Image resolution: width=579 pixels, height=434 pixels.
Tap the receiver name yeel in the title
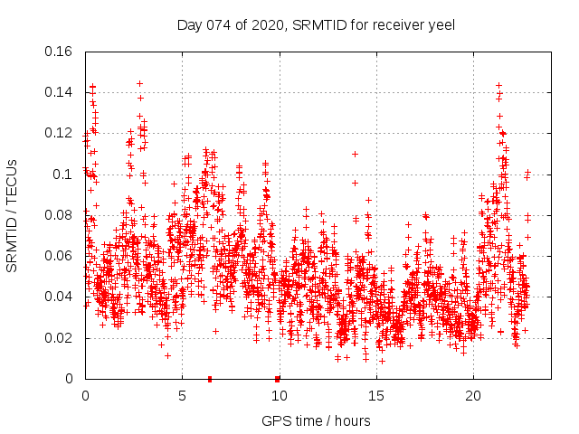pos(439,24)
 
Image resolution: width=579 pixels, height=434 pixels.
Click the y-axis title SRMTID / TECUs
pos(13,215)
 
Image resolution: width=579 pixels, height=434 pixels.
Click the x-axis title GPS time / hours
pos(316,420)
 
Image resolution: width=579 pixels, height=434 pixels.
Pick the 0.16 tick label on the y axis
pos(60,52)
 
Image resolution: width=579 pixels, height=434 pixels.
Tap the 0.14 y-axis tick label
pos(60,92)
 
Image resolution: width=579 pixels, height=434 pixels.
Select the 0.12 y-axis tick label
pos(60,133)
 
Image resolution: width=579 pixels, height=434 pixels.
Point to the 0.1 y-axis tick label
pos(64,175)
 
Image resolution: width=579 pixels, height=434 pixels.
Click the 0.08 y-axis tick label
pos(60,215)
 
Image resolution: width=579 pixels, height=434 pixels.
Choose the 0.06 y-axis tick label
pos(60,256)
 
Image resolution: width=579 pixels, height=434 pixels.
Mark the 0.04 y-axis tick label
pos(60,297)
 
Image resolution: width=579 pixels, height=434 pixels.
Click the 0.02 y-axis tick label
pos(60,338)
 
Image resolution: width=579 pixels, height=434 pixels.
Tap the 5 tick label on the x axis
pos(182,396)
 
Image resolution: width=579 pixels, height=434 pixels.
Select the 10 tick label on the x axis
pos(279,396)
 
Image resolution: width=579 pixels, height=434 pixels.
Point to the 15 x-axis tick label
pos(376,396)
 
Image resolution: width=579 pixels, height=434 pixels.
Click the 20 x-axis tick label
pos(473,396)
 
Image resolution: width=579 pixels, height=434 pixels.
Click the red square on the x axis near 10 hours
pos(277,379)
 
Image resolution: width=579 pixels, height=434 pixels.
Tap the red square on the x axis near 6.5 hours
pos(210,379)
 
